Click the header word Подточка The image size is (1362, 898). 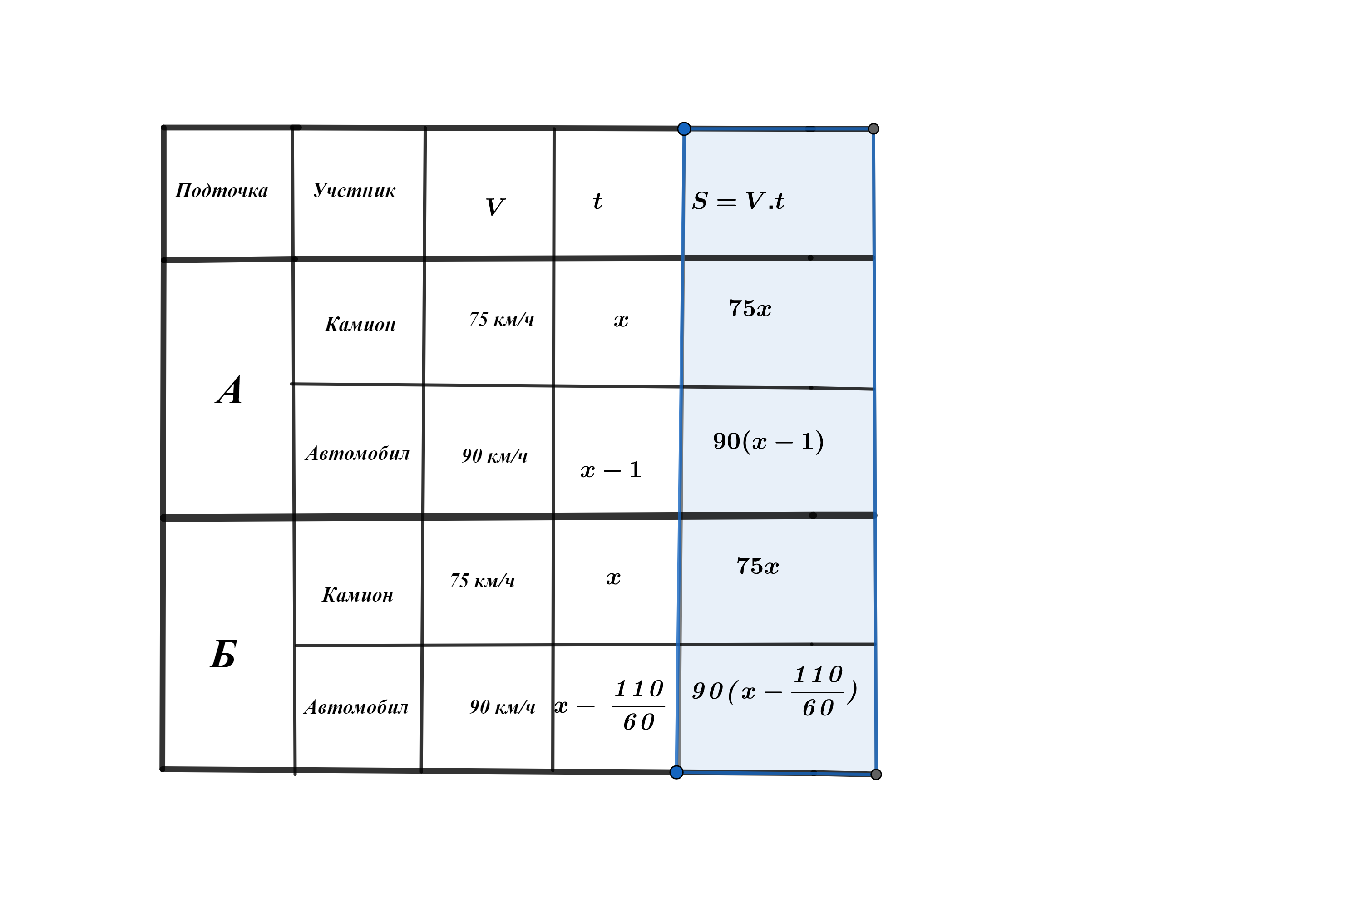coord(222,190)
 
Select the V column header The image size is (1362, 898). coord(495,207)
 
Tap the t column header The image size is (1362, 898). coord(597,201)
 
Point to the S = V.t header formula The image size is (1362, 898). coord(738,201)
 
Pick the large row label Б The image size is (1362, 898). coord(223,654)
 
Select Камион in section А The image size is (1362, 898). coord(360,325)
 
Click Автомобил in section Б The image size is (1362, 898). coord(356,707)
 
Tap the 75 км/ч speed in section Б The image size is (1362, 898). coord(482,581)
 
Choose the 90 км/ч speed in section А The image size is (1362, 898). coord(495,456)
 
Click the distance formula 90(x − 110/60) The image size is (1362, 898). coord(775,691)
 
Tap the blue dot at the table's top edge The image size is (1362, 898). coord(684,129)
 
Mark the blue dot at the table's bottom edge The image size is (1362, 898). coord(676,772)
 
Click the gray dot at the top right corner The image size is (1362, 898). coord(873,129)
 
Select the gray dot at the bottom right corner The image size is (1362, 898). coord(876,775)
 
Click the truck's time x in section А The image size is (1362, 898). coord(621,320)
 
